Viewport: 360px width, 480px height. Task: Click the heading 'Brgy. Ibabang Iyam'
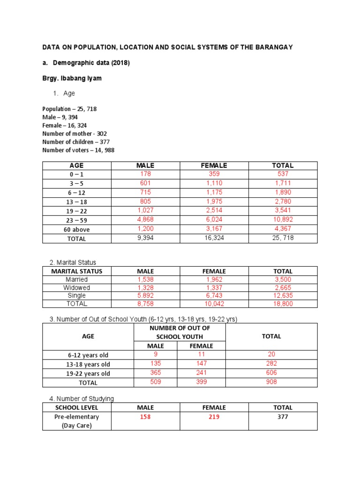tap(72, 78)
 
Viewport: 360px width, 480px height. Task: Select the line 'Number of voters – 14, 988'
tap(78, 150)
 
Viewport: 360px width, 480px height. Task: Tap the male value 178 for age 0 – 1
tap(145, 174)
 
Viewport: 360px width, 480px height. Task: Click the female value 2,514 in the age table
tap(214, 211)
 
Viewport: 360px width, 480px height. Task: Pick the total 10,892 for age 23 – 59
tap(283, 220)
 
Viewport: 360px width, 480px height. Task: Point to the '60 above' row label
tap(77, 230)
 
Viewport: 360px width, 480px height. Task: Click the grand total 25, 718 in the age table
tap(283, 239)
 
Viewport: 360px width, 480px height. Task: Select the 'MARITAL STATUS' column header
tap(77, 271)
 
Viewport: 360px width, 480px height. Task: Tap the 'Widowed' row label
tap(77, 287)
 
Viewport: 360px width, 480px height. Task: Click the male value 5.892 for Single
tap(145, 296)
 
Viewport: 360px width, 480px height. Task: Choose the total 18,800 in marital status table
tap(283, 304)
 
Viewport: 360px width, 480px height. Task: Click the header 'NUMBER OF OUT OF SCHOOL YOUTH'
tap(180, 332)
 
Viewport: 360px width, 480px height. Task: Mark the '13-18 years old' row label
tap(88, 364)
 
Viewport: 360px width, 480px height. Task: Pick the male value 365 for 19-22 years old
tap(155, 373)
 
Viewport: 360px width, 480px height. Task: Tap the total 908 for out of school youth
tap(271, 382)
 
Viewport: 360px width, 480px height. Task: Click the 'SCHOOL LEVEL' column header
tap(77, 408)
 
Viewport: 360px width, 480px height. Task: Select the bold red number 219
tap(214, 417)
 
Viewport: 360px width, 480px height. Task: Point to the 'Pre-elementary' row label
tap(77, 417)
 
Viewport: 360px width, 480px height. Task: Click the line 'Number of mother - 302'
tap(75, 134)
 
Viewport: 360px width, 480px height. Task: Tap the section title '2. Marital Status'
tap(73, 262)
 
